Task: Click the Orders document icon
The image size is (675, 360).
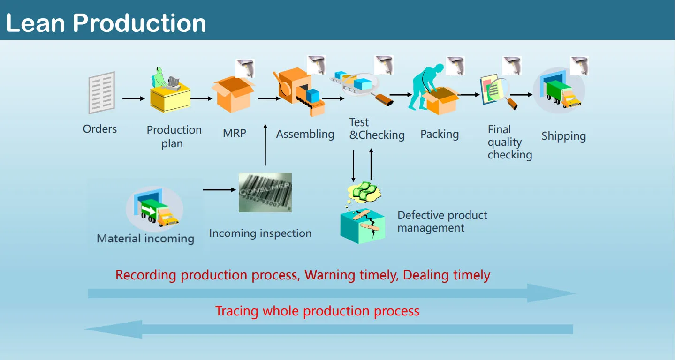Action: pos(102,92)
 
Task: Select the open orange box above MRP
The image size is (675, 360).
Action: pos(233,94)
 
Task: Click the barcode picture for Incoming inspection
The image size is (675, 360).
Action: pos(265,192)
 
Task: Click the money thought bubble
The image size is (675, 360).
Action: pos(364,191)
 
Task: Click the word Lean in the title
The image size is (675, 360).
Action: pos(36,22)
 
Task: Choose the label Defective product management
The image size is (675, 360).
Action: pos(442,222)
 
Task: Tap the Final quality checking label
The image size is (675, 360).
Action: pos(509,142)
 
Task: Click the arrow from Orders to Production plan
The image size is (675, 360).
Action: pos(134,98)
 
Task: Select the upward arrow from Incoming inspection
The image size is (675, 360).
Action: pos(265,145)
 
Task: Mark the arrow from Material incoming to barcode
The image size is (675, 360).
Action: pos(220,189)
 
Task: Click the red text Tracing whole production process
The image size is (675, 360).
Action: pos(317,311)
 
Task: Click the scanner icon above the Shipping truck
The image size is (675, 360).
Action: pos(579,66)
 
